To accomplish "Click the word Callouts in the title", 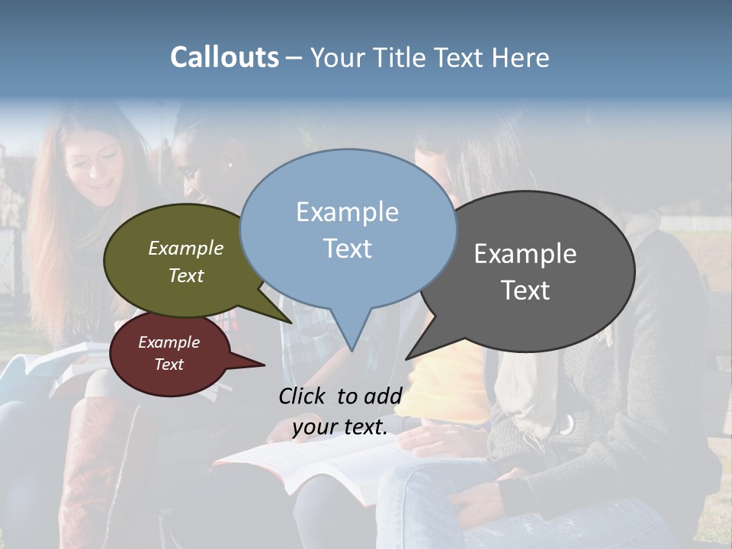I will click(x=224, y=57).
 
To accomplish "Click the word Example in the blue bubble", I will click(x=347, y=212).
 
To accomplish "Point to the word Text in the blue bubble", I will click(x=347, y=248).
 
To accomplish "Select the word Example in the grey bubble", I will click(x=525, y=254).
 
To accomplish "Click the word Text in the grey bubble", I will click(x=525, y=291).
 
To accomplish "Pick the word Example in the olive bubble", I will click(x=185, y=248).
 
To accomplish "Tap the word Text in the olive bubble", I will click(x=185, y=275).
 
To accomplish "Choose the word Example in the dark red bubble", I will click(x=169, y=342).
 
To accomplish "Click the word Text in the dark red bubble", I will click(x=169, y=364).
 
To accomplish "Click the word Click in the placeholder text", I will click(x=303, y=396).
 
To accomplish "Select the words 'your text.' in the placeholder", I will click(x=339, y=427).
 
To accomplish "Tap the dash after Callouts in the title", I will click(x=294, y=57).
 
